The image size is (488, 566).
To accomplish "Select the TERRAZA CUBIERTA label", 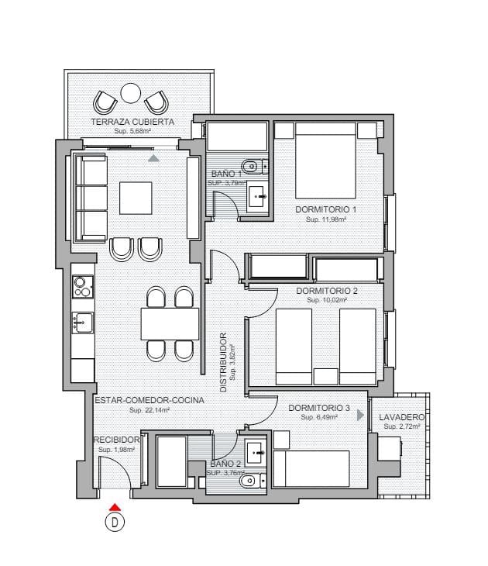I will click(132, 123).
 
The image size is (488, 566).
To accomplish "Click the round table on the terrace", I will click(130, 94).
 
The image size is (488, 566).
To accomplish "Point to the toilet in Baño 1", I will click(251, 166).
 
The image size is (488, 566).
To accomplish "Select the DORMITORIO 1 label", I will click(325, 209).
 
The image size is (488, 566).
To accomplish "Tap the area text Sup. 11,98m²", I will click(325, 219).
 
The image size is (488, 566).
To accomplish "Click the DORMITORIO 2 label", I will click(325, 291).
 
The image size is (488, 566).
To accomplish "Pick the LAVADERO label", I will click(402, 416).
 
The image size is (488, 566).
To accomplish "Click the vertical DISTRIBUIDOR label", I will click(223, 362).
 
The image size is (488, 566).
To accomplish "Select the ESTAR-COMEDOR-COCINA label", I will click(149, 400).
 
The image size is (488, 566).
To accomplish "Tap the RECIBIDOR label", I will click(116, 440).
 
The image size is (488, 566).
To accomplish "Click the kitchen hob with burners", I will click(82, 288).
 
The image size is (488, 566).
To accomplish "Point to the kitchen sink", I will click(82, 322).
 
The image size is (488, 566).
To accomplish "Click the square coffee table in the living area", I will click(136, 198).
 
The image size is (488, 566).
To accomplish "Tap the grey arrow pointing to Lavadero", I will click(360, 416).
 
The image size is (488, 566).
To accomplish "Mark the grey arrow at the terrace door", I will click(153, 158).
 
